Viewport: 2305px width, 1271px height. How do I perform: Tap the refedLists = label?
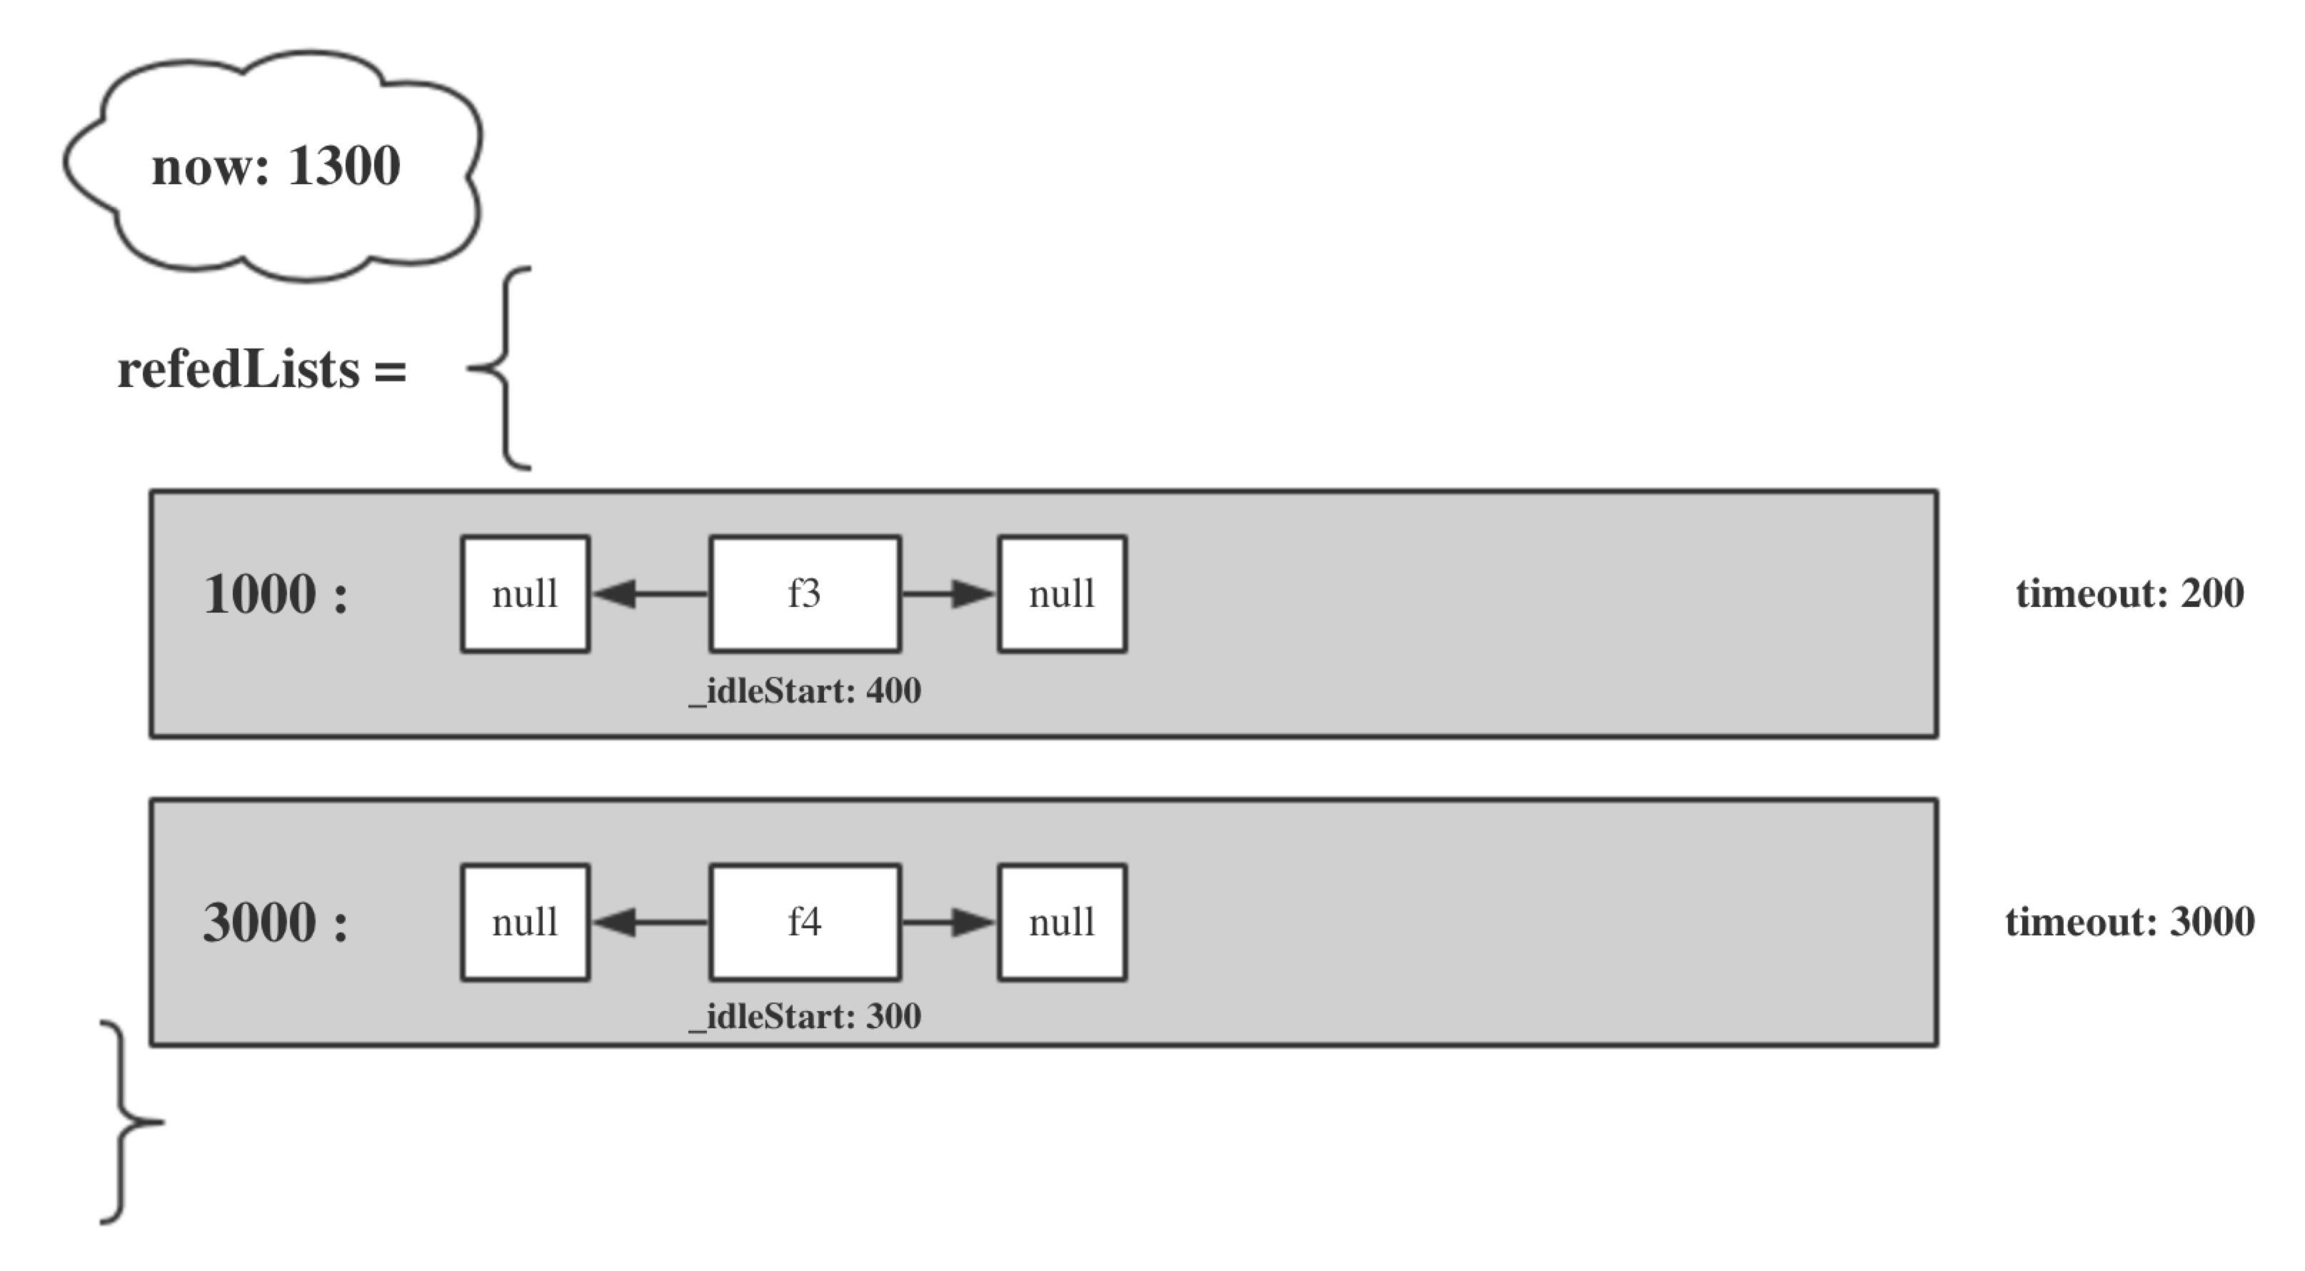(x=262, y=370)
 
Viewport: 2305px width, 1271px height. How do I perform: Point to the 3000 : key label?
(x=276, y=922)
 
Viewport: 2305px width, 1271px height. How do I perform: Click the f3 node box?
(x=805, y=593)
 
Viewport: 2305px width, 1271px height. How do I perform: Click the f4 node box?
(x=805, y=922)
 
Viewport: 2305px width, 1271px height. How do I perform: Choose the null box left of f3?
(x=526, y=593)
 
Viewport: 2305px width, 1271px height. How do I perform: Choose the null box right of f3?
(x=1062, y=593)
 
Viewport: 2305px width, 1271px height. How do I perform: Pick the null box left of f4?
(x=526, y=922)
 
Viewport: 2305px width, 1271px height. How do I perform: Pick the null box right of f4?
(x=1062, y=922)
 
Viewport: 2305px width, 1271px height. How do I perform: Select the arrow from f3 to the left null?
(x=651, y=593)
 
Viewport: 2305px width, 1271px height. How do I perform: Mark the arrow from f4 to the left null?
(x=651, y=922)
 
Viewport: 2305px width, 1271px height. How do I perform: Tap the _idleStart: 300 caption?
(x=805, y=1017)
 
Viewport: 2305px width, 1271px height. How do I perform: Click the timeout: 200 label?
(x=2129, y=593)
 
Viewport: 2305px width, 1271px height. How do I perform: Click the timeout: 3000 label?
(x=2129, y=922)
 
